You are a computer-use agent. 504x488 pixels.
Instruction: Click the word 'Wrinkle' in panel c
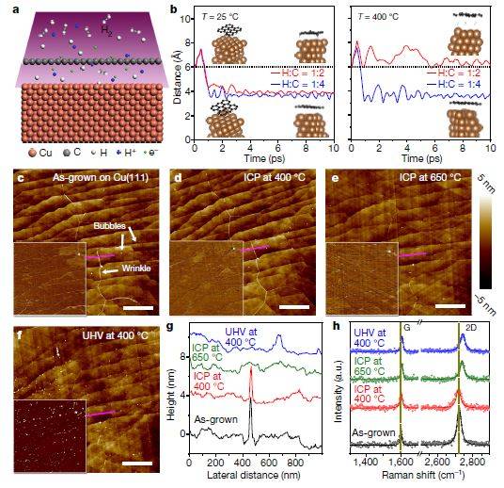[133, 270]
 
